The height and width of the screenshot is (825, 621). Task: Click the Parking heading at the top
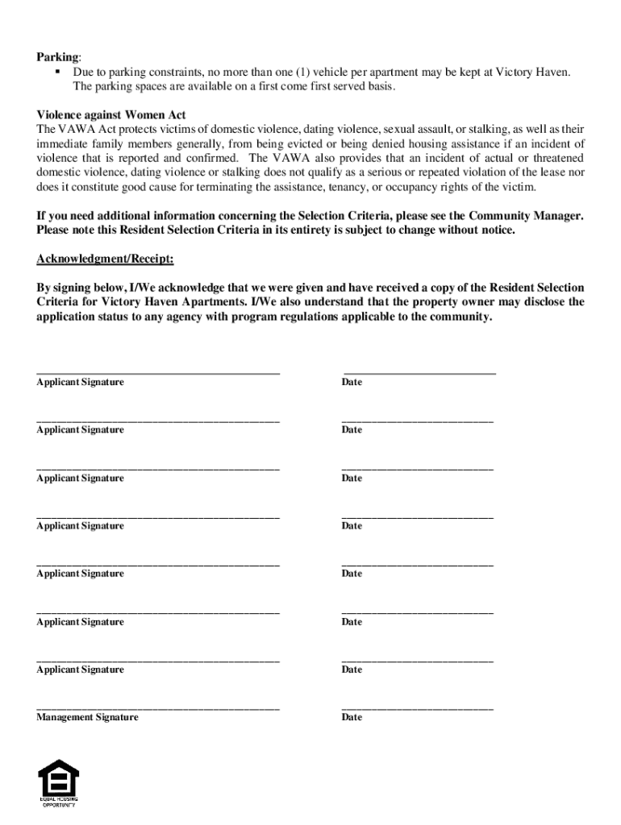click(x=57, y=57)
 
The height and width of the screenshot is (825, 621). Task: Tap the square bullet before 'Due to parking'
click(x=59, y=73)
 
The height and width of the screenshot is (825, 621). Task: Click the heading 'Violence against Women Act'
click(x=111, y=115)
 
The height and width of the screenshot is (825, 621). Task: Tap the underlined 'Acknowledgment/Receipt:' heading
click(x=105, y=259)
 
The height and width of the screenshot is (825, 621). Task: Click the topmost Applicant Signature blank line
click(x=158, y=373)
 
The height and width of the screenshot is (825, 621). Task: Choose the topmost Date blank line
click(x=419, y=373)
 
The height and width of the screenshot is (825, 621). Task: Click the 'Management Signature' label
click(x=87, y=717)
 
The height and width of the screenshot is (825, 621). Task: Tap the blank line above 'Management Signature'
click(x=158, y=708)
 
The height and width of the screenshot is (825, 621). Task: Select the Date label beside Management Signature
click(x=352, y=717)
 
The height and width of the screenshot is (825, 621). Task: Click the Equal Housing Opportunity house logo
click(x=58, y=777)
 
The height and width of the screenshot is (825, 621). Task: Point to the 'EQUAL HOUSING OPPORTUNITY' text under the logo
click(x=59, y=802)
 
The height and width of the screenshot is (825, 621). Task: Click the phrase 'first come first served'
click(x=302, y=87)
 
